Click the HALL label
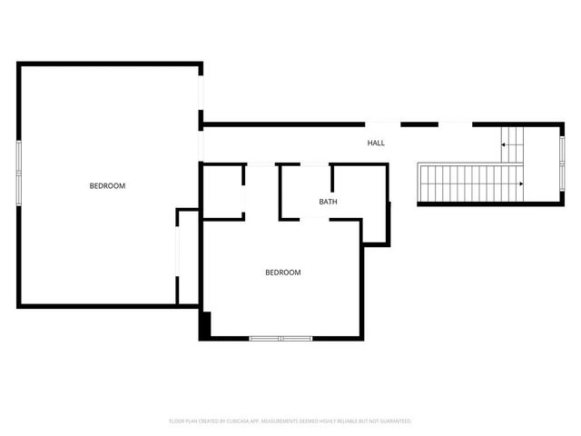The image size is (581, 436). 376,144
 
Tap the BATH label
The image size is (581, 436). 328,202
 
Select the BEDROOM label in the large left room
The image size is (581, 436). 107,186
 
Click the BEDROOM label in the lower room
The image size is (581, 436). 282,272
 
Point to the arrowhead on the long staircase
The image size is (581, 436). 520,184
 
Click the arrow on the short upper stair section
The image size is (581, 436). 505,144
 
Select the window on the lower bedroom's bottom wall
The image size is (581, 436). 281,339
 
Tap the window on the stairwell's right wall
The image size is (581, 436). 562,150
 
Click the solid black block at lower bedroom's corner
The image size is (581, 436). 206,324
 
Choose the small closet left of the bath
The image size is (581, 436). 222,191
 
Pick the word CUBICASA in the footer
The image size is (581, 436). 237,421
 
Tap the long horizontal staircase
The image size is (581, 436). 468,183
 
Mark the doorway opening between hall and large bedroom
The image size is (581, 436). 202,145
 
